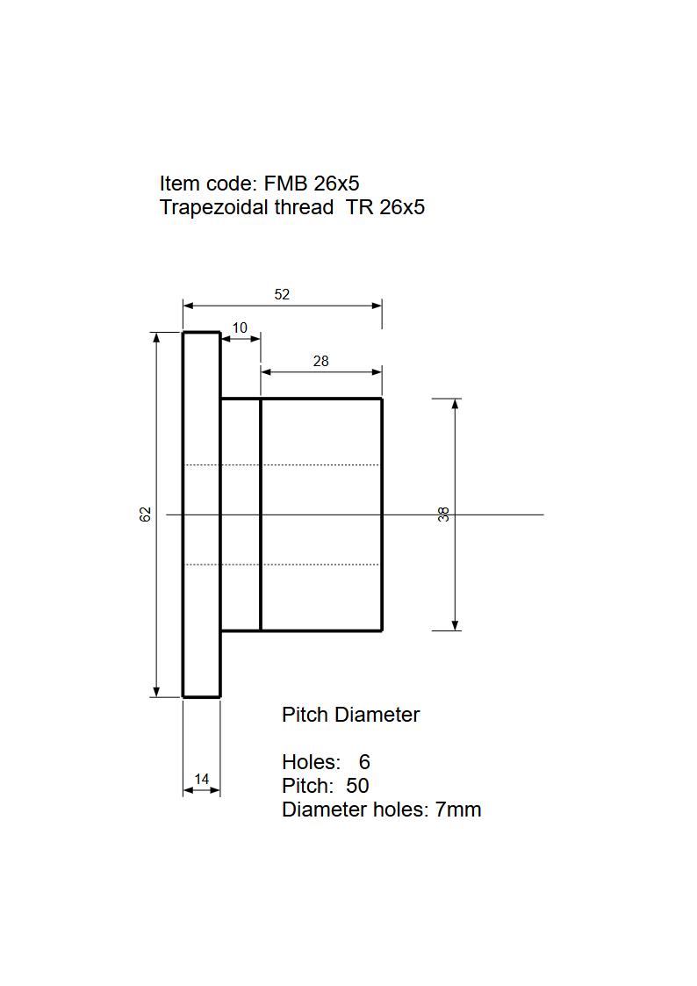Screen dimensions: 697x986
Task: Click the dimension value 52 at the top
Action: (x=282, y=294)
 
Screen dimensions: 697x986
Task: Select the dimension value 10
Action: (x=240, y=327)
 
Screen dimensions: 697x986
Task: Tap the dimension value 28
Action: (x=320, y=361)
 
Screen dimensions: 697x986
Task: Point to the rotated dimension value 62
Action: (x=145, y=515)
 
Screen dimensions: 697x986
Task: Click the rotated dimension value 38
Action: (x=443, y=515)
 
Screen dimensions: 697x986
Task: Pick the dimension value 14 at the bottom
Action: (x=201, y=779)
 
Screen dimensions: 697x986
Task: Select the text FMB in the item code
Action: (x=285, y=184)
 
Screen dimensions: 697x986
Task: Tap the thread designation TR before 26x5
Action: (x=360, y=207)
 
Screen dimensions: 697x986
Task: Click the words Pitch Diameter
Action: (x=350, y=715)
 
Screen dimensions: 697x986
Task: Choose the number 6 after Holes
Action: (x=364, y=762)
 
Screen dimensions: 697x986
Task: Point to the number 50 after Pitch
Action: (x=357, y=786)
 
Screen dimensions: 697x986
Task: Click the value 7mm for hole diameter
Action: (x=458, y=810)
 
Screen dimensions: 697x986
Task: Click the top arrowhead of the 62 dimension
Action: (x=157, y=338)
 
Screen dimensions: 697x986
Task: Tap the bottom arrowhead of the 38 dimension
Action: (x=455, y=624)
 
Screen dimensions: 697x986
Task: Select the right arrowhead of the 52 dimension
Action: (x=376, y=306)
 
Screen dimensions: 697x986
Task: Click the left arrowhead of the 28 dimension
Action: (x=267, y=371)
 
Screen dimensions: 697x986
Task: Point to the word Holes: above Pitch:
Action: (x=311, y=762)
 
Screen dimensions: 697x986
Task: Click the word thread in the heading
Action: (x=305, y=207)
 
